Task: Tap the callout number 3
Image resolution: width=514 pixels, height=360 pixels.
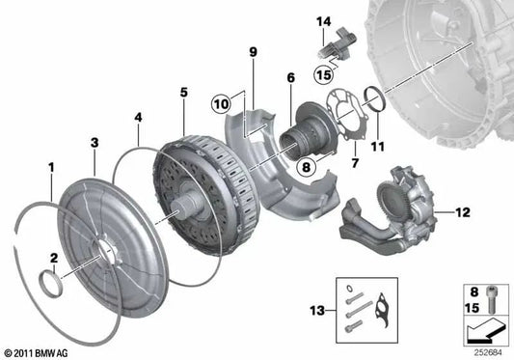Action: [94, 143]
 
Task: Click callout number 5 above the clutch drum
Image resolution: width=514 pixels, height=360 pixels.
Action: [183, 92]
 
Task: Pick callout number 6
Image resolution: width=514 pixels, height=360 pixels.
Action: [288, 78]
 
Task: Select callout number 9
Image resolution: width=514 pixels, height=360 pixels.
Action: [254, 51]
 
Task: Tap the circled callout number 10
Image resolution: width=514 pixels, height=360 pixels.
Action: [221, 100]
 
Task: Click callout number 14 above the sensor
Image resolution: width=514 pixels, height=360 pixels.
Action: [324, 21]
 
